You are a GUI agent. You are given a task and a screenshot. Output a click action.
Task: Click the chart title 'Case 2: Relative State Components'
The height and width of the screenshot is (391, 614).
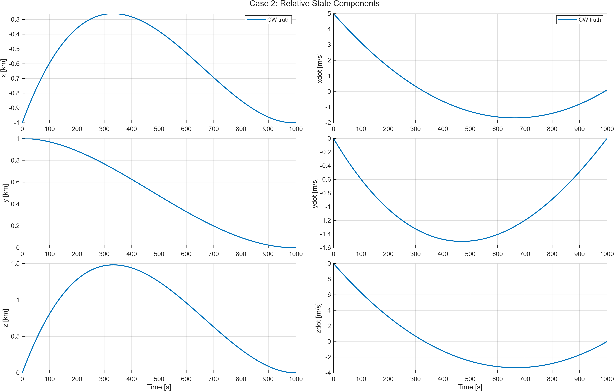pyautogui.click(x=314, y=4)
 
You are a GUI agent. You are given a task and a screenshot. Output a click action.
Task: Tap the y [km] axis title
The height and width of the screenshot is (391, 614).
pyautogui.click(x=5, y=193)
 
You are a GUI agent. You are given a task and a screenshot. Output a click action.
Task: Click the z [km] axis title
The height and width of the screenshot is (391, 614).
pyautogui.click(x=5, y=318)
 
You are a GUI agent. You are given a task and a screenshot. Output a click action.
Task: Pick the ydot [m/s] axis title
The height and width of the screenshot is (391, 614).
pyautogui.click(x=315, y=193)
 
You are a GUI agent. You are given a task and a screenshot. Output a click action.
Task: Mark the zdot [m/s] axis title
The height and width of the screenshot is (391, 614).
pyautogui.click(x=318, y=318)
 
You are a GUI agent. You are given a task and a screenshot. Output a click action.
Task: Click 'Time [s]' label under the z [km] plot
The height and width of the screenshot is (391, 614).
pyautogui.click(x=159, y=387)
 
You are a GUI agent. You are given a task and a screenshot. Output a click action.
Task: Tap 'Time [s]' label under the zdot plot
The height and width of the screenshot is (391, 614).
pyautogui.click(x=470, y=387)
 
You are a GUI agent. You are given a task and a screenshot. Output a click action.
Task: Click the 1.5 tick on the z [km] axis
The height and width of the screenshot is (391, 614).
pyautogui.click(x=15, y=264)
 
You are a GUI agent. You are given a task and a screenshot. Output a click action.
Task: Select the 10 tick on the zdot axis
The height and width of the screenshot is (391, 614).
pyautogui.click(x=327, y=264)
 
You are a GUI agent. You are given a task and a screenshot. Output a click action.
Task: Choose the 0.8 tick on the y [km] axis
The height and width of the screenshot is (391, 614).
pyautogui.click(x=15, y=160)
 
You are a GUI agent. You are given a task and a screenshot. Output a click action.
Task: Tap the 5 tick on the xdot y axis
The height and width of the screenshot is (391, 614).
pyautogui.click(x=329, y=13)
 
